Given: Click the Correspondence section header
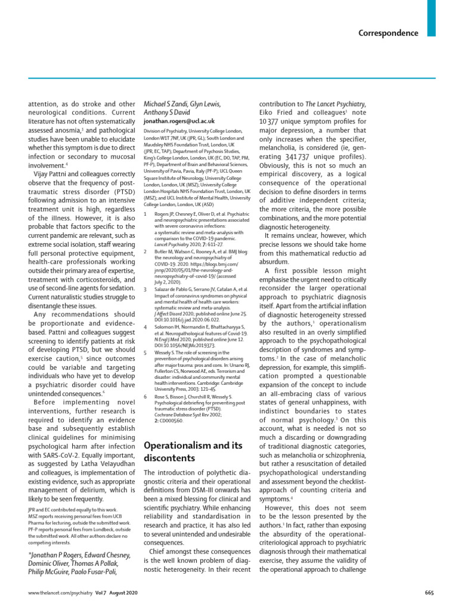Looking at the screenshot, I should (x=388, y=33).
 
